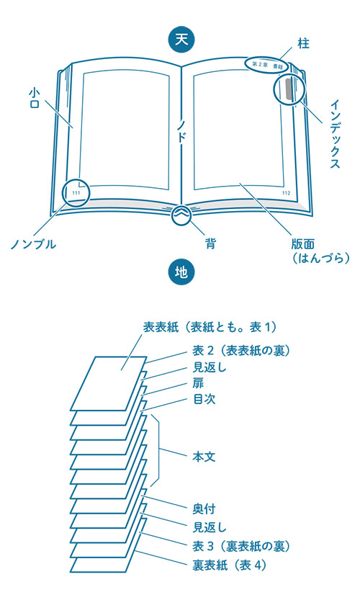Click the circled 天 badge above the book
181,40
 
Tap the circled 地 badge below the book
181,272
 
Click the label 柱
303,44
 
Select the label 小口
34,98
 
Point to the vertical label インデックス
335,133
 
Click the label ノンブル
33,244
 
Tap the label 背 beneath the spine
210,243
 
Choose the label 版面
302,245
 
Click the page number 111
76,193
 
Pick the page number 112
286,193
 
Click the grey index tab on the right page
287,87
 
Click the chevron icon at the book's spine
181,215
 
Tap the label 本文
204,457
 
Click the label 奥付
204,509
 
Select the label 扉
198,383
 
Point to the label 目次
204,400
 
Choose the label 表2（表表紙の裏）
241,351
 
